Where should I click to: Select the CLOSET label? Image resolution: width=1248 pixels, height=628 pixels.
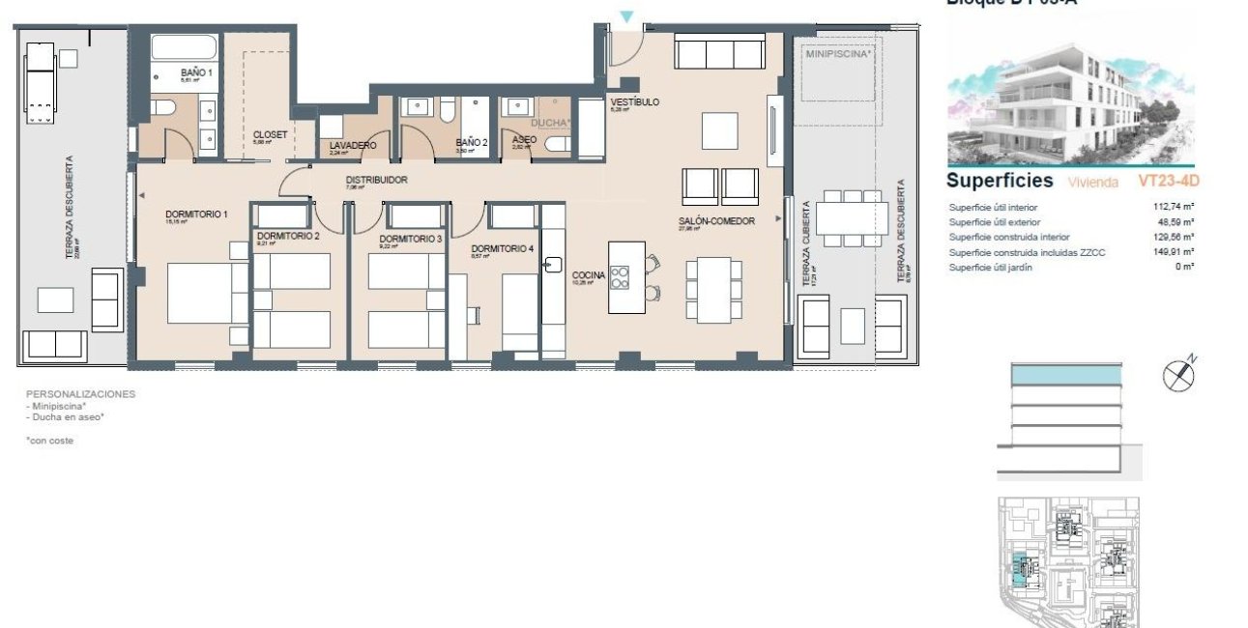tap(270, 134)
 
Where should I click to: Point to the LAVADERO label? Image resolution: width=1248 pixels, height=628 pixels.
tap(352, 145)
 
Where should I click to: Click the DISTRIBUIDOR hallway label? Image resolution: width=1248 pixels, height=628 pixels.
tap(376, 180)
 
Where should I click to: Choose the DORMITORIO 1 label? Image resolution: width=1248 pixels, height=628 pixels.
tap(196, 214)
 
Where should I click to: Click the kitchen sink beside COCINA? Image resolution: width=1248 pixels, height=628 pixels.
tap(554, 263)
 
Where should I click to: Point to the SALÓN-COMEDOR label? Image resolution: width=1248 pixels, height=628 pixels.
tap(714, 221)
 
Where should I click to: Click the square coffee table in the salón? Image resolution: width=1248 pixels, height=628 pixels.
tap(720, 128)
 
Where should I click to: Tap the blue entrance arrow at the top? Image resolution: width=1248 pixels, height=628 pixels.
tap(627, 16)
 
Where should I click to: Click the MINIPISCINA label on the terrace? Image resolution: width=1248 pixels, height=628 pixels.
tap(838, 54)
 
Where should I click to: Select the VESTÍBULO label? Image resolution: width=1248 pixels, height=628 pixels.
tap(634, 101)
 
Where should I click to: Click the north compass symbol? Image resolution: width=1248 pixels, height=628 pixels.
tap(1178, 374)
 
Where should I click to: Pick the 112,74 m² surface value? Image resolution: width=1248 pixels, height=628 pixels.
tap(1174, 207)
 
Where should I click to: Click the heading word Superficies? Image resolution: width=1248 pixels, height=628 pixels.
tap(1000, 181)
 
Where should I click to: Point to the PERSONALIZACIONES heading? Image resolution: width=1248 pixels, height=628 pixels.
tap(80, 394)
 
